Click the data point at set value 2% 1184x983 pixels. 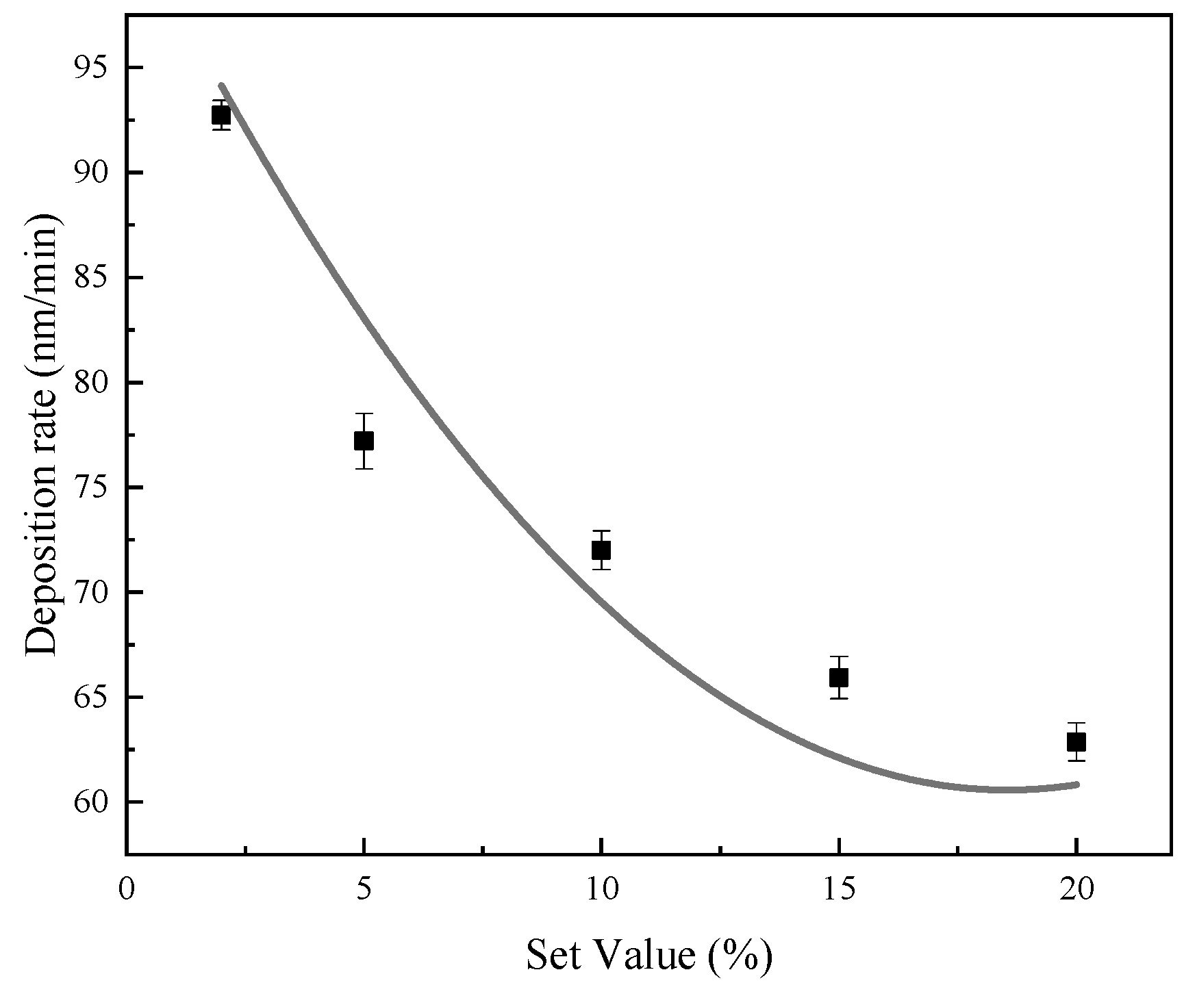[x=221, y=115]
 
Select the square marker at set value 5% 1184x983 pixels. [x=364, y=440]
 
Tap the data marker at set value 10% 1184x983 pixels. [x=601, y=550]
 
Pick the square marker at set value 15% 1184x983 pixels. [x=839, y=677]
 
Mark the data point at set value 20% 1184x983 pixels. [x=1076, y=742]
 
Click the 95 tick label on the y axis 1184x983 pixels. [x=94, y=68]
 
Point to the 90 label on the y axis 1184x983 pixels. [x=94, y=173]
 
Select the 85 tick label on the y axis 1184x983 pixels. [x=94, y=277]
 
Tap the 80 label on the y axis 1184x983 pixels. [x=94, y=382]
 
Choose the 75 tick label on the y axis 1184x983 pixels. [x=94, y=487]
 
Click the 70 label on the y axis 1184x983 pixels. [x=94, y=592]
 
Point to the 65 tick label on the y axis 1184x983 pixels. [x=94, y=697]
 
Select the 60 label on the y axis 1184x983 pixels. [x=94, y=802]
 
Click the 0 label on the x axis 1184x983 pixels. [x=127, y=890]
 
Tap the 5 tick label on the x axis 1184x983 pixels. [x=364, y=890]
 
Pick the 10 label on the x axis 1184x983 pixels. [x=601, y=890]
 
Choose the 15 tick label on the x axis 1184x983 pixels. [x=839, y=890]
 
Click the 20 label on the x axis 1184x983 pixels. [x=1076, y=890]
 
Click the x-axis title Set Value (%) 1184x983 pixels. [x=649, y=955]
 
